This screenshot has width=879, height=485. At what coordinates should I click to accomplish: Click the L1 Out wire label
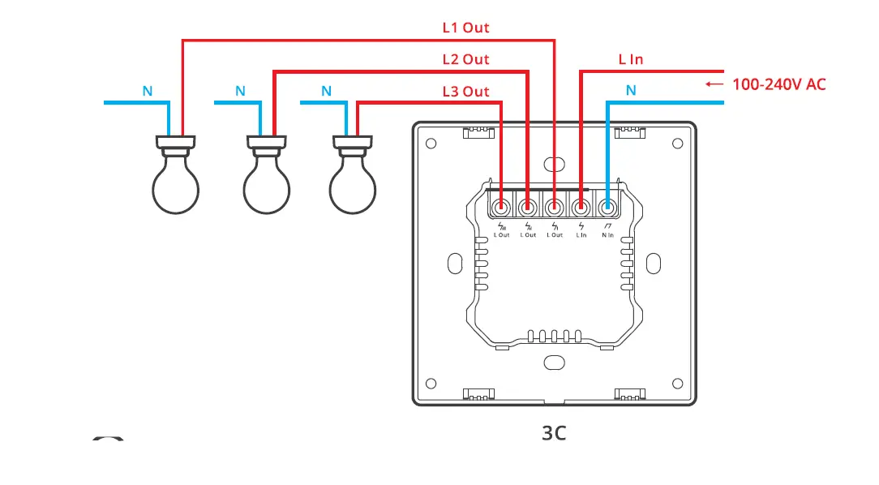[465, 28]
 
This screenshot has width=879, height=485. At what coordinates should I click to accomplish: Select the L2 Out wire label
[465, 59]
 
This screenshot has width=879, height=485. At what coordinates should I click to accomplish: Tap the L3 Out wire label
[465, 92]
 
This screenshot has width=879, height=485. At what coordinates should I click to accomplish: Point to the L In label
[630, 59]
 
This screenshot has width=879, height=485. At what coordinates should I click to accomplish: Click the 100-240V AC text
[778, 84]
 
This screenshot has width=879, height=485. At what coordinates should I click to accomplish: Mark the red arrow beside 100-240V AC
[714, 84]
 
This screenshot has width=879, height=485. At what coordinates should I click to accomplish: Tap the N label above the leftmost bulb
[148, 92]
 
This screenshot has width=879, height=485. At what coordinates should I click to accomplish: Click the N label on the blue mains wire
[631, 91]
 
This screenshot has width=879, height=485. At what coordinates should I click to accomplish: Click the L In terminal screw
[581, 207]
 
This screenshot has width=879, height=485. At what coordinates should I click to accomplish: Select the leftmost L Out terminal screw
[501, 207]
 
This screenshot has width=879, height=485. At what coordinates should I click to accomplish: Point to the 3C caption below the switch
[554, 433]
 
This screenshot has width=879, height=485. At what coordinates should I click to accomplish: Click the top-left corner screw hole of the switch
[431, 144]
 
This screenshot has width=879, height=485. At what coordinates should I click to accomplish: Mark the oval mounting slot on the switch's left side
[452, 263]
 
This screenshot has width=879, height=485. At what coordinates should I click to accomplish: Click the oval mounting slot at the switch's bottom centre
[554, 362]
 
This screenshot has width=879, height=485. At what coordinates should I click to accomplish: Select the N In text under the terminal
[607, 235]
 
